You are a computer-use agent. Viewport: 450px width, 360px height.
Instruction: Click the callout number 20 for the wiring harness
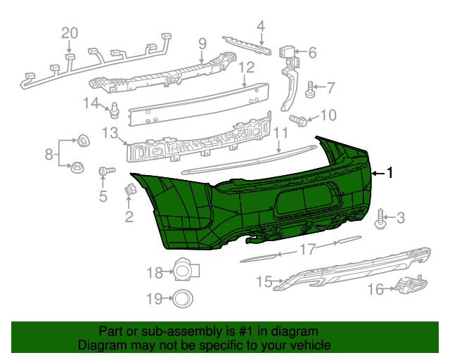coord(68,32)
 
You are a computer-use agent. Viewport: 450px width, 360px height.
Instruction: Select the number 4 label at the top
coord(260,27)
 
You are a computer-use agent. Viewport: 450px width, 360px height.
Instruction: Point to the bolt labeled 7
coord(309,89)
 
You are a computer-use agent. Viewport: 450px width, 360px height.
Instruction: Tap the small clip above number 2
coord(130,189)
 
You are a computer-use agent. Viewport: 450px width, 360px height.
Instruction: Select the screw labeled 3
coord(382,219)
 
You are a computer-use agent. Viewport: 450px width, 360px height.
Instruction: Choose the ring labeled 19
coord(184,298)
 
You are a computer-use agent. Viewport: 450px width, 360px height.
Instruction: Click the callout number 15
coord(264,282)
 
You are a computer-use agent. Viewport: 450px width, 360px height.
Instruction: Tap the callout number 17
coord(307,249)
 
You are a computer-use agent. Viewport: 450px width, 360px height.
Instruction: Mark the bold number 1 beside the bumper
coord(391,173)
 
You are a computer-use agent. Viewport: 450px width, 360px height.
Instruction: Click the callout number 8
coord(49,153)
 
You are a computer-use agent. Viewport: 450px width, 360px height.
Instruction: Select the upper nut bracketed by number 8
coord(82,139)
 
